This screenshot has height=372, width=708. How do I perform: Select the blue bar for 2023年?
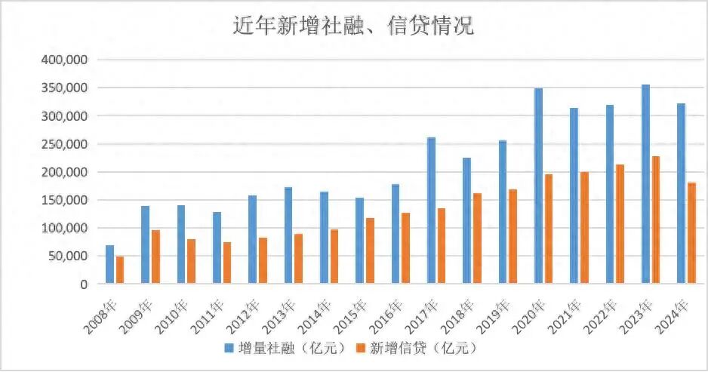(645, 185)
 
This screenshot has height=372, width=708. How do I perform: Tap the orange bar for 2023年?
(656, 220)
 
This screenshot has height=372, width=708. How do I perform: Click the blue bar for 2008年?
(109, 265)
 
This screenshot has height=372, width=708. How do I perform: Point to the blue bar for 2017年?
(431, 211)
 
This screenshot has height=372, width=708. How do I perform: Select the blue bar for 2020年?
(538, 186)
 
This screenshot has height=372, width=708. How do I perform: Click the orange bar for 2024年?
(691, 233)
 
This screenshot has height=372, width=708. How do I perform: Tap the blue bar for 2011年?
(217, 248)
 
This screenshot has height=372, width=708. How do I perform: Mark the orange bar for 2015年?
(370, 251)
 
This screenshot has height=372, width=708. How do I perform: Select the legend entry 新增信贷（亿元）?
(416, 349)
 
